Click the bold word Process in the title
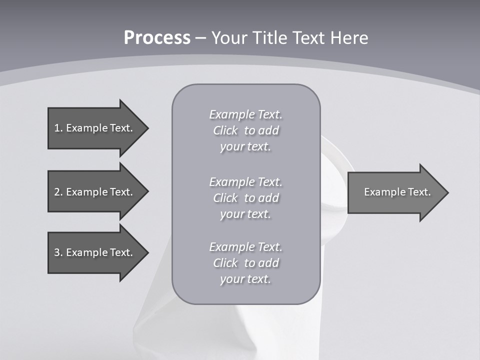(157, 38)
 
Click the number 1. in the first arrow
(58, 128)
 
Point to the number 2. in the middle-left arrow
(58, 192)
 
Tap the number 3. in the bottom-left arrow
(58, 252)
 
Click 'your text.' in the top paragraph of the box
(245, 147)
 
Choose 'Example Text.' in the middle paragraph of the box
(245, 182)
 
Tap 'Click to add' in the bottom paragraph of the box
(245, 263)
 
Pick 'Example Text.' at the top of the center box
(245, 114)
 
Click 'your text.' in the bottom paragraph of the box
(245, 279)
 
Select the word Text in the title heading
(308, 38)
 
